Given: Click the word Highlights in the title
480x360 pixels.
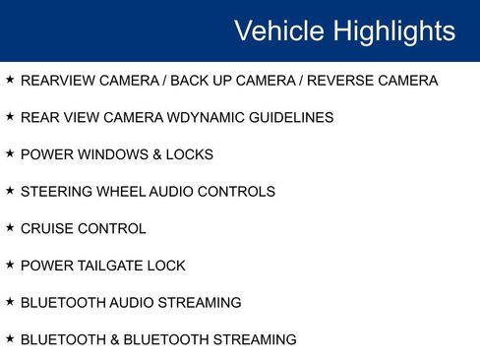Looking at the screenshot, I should tap(393, 31).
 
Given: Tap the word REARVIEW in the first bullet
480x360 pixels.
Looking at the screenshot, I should tap(54, 81).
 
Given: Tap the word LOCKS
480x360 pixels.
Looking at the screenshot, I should tap(191, 154).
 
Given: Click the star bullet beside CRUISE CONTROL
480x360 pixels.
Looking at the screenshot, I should tap(10, 227).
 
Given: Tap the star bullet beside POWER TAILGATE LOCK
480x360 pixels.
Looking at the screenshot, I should tap(10, 264).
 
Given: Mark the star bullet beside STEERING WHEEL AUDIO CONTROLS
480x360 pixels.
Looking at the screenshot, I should tap(10, 190).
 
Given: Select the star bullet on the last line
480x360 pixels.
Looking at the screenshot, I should tap(10, 337).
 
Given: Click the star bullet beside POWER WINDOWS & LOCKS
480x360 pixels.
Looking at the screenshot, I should tap(10, 152).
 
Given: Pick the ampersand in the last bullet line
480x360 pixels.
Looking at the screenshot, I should tap(115, 339).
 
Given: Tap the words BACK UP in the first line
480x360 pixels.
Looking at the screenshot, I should tap(198, 81).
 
